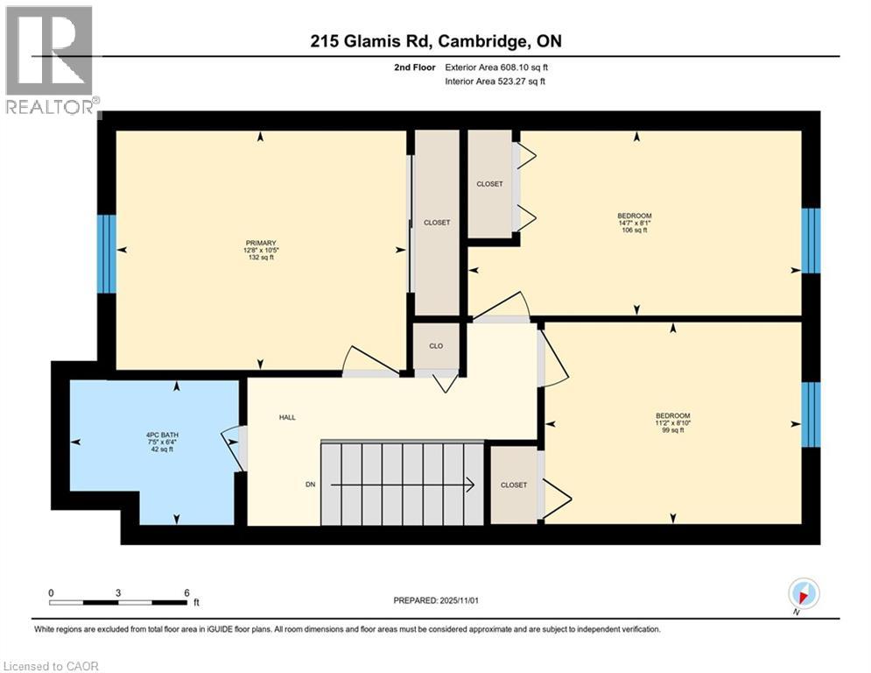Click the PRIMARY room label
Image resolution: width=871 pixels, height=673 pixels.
coord(261,243)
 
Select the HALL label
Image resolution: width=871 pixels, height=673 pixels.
coord(287,417)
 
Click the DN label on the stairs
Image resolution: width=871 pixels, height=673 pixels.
coord(310,485)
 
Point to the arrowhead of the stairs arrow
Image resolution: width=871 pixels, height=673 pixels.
coord(470,485)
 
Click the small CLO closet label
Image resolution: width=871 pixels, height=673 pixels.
coord(436,346)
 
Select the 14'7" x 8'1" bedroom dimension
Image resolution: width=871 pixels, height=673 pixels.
coord(635,223)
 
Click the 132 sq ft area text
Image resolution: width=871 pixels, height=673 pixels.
coord(261,259)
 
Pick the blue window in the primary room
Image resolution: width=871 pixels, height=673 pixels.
coord(106,253)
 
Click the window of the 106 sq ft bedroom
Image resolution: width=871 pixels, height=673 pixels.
coord(811,241)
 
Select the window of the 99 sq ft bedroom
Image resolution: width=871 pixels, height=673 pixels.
coord(811,414)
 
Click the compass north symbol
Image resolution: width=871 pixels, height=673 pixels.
coord(803,594)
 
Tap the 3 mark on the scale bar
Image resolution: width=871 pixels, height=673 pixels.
coord(118,592)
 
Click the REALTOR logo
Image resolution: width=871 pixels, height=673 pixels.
coord(50,61)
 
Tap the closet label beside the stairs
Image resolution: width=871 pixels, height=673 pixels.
coord(514,485)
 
